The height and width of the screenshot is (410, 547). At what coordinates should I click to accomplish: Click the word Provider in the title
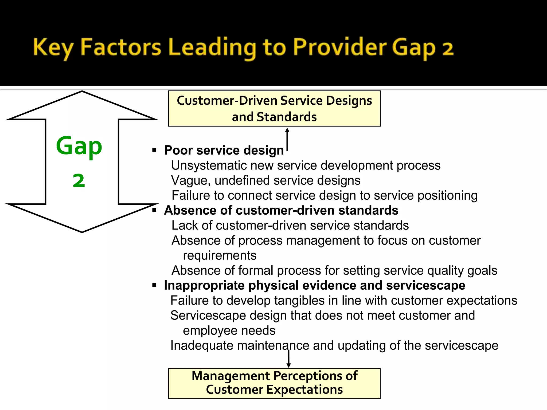(x=339, y=48)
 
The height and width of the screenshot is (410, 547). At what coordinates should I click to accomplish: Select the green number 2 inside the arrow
(x=79, y=181)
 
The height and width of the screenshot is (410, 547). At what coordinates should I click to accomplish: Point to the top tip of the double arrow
(x=82, y=92)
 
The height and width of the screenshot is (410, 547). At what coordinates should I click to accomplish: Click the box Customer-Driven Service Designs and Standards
(x=274, y=108)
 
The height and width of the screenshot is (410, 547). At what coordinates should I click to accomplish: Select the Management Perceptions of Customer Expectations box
(x=274, y=383)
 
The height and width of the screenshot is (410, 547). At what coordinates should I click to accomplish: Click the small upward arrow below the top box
(x=287, y=139)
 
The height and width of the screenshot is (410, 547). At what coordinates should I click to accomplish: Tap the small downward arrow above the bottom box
(x=288, y=359)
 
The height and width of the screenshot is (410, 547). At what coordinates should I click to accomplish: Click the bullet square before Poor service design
(x=154, y=150)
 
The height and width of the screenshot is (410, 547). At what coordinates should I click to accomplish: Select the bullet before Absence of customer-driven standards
(x=154, y=210)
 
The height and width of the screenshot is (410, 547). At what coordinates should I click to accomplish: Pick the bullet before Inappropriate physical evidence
(x=154, y=285)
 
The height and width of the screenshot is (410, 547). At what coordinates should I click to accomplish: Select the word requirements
(x=220, y=255)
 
